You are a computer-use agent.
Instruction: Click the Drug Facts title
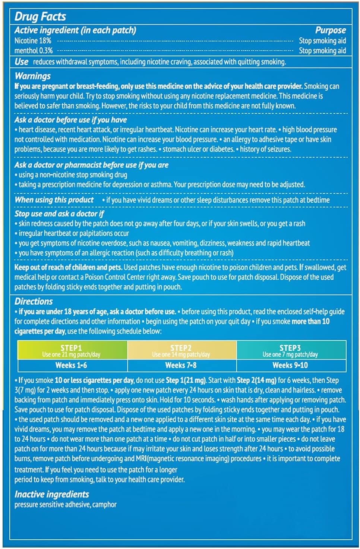(40, 16)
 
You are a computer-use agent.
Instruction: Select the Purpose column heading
(330, 30)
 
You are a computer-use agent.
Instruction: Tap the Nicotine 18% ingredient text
(33, 41)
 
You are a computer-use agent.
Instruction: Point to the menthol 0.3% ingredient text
(34, 50)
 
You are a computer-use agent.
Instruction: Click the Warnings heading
(33, 76)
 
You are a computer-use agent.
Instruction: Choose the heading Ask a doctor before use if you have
(70, 120)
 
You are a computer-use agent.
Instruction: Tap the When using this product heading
(54, 200)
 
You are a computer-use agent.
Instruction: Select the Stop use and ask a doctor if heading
(59, 214)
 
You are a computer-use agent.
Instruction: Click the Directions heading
(34, 301)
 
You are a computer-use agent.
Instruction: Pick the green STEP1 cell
(72, 350)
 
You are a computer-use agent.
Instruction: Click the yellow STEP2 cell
(181, 350)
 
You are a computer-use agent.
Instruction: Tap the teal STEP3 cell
(291, 350)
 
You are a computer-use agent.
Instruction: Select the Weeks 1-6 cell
(72, 365)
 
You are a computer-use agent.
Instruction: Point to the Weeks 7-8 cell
(181, 365)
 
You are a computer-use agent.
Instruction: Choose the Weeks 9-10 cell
(290, 365)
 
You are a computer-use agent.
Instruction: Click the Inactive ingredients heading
(52, 495)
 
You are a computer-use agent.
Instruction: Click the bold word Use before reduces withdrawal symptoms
(21, 62)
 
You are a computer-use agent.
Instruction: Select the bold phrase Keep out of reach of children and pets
(68, 267)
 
